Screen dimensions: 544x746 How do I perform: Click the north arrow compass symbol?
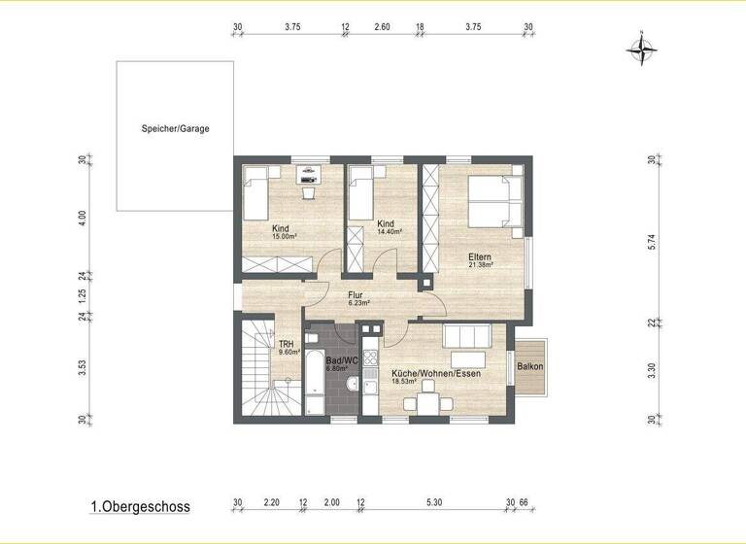coord(643,48)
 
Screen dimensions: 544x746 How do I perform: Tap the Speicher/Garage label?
coord(175,128)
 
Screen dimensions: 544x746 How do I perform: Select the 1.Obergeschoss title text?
coord(140,506)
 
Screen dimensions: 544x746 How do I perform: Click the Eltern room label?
coord(480,256)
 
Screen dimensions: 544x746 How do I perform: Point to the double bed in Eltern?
coord(495,201)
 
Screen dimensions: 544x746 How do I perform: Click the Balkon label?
coord(530,366)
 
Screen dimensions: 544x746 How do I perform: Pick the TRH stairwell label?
coord(287,344)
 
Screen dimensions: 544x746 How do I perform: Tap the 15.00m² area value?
coord(284,236)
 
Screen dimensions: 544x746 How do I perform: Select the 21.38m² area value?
coord(480,264)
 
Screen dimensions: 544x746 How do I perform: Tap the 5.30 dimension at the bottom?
coord(433,502)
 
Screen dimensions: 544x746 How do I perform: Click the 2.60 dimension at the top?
coord(382,28)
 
